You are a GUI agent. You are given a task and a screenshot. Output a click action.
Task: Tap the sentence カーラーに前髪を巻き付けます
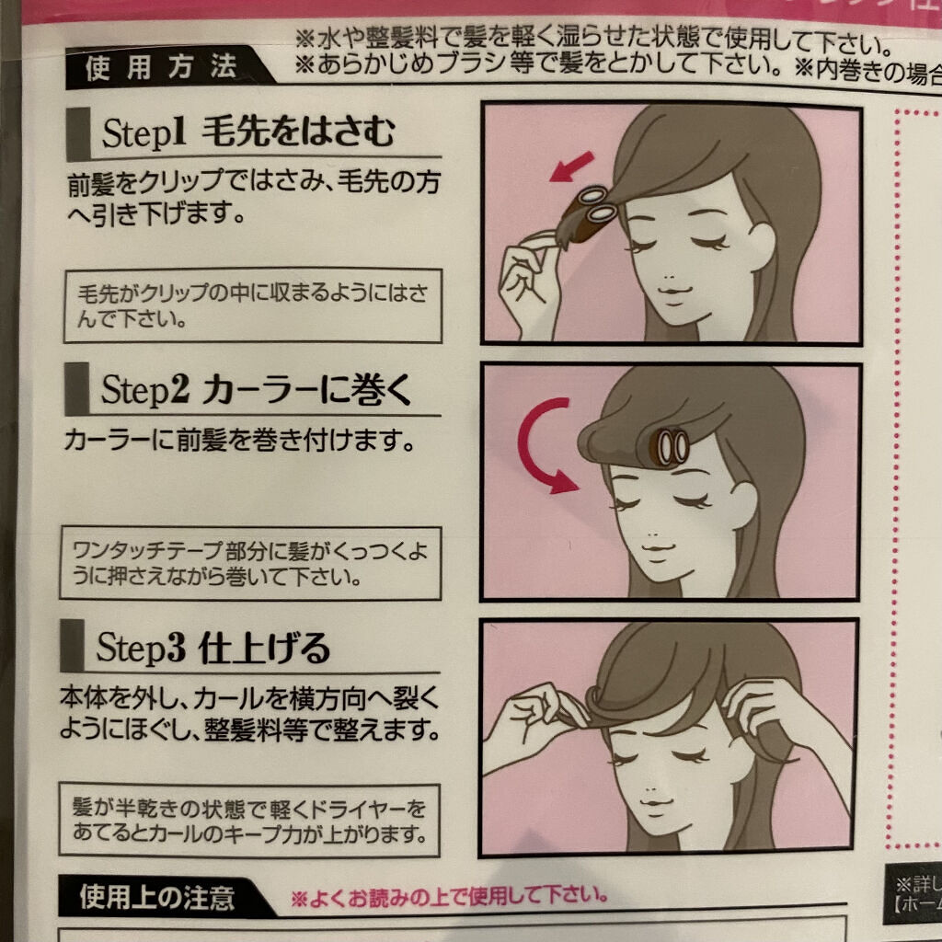237,441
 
